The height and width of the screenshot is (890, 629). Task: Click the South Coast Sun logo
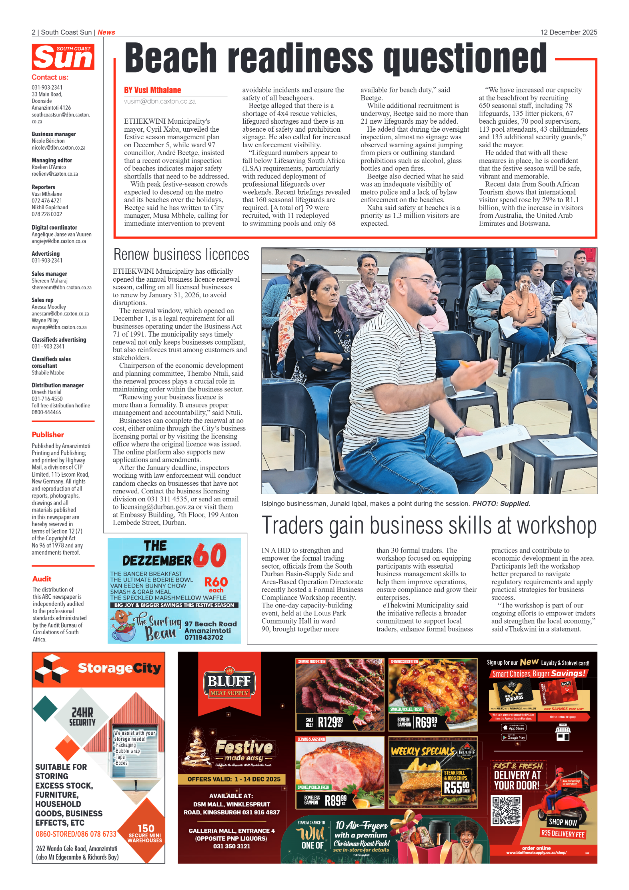click(63, 57)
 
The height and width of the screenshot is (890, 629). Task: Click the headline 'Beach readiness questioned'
click(335, 59)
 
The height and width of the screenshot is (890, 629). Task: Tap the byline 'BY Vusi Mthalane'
click(152, 90)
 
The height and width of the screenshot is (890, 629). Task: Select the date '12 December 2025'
click(568, 32)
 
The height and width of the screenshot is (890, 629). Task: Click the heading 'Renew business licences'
click(181, 255)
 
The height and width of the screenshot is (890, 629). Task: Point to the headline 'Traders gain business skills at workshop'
click(429, 525)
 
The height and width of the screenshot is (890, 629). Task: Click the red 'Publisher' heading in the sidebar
click(48, 435)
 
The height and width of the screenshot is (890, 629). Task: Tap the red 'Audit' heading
click(42, 579)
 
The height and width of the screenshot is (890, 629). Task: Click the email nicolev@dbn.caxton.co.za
click(58, 148)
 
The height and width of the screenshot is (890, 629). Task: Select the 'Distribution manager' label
click(58, 385)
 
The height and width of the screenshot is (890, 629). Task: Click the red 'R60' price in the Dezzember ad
click(216, 582)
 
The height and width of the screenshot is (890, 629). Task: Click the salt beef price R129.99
click(331, 722)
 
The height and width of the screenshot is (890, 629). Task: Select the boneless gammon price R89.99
click(335, 800)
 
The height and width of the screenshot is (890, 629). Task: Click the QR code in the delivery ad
click(506, 810)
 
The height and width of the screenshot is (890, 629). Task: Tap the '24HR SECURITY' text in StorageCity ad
click(82, 717)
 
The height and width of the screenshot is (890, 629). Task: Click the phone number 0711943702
click(204, 637)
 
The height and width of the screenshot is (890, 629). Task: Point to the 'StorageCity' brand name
click(119, 668)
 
